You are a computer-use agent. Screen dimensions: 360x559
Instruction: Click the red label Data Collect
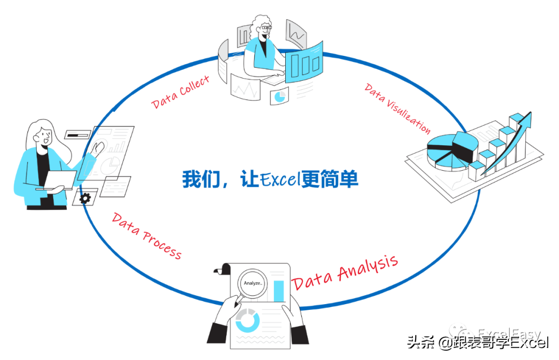[181, 92]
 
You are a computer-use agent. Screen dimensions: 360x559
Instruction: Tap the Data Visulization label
[398, 108]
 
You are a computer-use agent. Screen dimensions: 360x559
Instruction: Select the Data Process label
[147, 236]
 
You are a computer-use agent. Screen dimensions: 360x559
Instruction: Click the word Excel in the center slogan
[279, 179]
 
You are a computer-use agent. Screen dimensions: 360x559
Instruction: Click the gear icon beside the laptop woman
[85, 197]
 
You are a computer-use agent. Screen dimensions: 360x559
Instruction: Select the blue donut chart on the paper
[247, 320]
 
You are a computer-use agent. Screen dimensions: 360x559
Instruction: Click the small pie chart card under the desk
[280, 96]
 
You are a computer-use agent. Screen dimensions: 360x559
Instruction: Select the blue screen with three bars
[303, 63]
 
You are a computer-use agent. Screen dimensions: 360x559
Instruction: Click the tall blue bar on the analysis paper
[279, 291]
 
